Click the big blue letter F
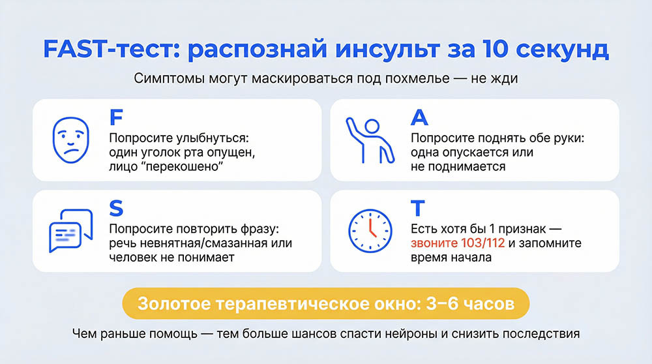pos(115,117)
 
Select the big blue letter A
pos(419,117)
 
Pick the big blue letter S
pos(116,208)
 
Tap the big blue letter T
pos(418,208)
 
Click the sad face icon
pos(70,140)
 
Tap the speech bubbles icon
pos(70,230)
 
